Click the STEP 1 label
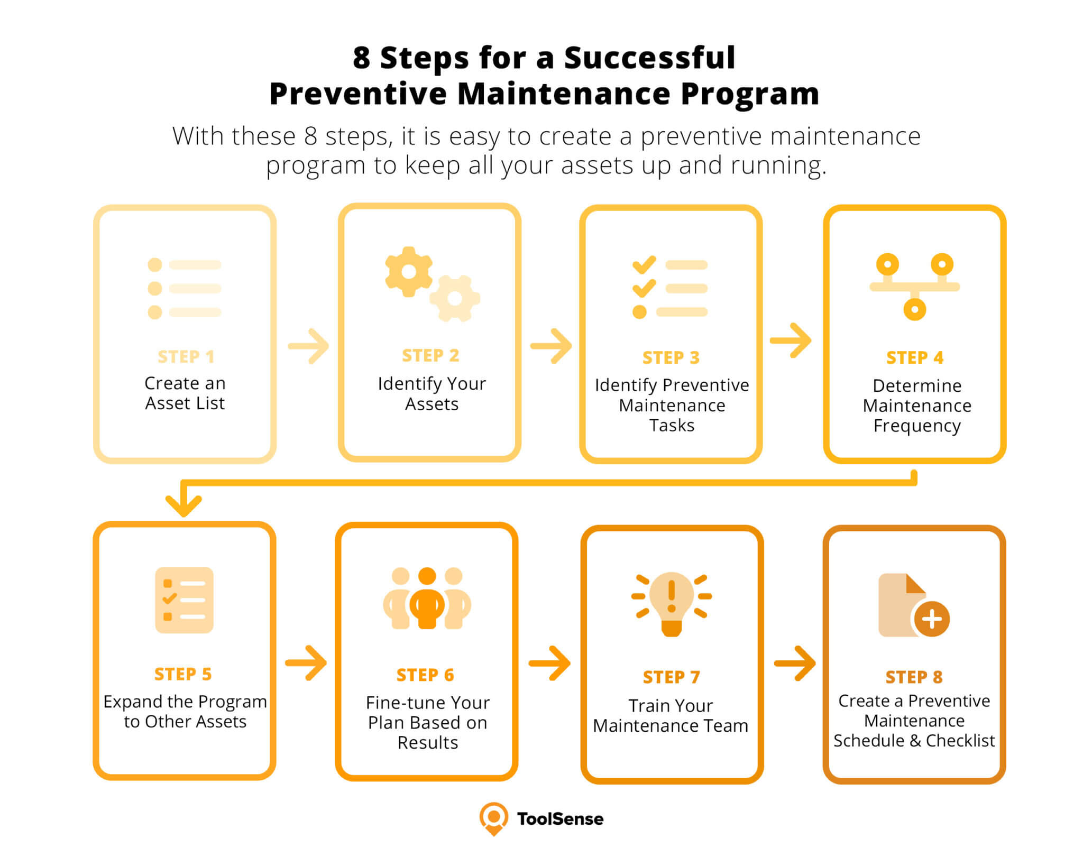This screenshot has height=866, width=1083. click(186, 357)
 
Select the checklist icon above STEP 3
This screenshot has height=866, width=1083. click(670, 288)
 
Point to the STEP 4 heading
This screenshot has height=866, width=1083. click(915, 357)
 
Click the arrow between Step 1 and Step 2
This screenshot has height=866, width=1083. click(308, 346)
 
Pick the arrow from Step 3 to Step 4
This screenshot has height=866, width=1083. click(791, 340)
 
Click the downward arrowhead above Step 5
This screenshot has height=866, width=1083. click(183, 505)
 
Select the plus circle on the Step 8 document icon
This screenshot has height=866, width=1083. click(932, 619)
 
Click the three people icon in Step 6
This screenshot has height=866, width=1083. click(427, 598)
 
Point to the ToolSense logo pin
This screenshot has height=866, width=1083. click(493, 818)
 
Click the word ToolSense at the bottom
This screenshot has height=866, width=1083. click(560, 819)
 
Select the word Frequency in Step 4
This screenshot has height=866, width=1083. click(917, 426)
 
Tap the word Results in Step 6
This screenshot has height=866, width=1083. click(428, 743)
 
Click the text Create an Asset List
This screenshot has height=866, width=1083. click(185, 393)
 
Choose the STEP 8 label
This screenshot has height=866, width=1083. click(914, 677)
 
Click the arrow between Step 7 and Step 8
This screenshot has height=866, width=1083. click(795, 663)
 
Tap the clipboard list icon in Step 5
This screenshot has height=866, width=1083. click(184, 600)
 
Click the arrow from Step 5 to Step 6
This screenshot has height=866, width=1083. click(306, 662)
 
